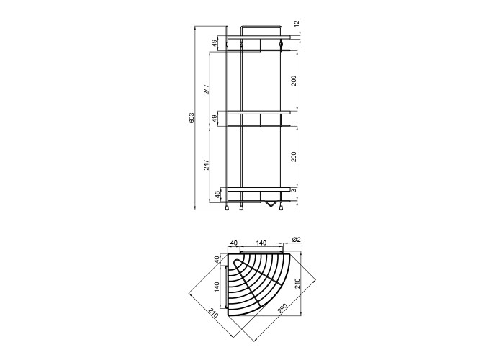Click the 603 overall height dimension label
(x=192, y=117)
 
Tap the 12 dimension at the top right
(x=297, y=23)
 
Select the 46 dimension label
(x=217, y=195)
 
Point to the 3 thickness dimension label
(x=294, y=190)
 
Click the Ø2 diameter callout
(x=296, y=240)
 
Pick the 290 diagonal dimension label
(x=282, y=308)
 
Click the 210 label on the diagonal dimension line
(x=213, y=312)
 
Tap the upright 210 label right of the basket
(x=297, y=284)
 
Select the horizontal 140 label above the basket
(x=261, y=243)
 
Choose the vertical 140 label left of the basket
(x=216, y=287)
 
